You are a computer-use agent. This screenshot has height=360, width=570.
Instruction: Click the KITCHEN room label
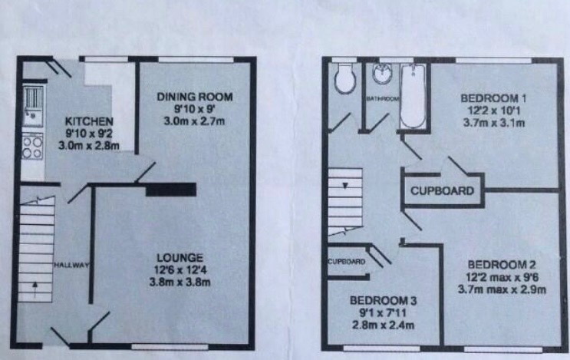(89, 121)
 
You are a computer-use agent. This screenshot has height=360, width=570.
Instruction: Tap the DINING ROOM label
(194, 97)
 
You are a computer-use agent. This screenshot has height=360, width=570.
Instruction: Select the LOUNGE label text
(181, 257)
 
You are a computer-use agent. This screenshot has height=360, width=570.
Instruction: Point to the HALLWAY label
(72, 265)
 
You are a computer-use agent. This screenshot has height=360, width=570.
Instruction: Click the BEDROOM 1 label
(487, 98)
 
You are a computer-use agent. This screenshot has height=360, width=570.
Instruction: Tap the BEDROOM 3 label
(382, 300)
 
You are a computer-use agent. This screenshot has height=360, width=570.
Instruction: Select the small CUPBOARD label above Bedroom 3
(346, 262)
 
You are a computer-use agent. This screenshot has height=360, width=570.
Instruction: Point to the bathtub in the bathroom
(413, 97)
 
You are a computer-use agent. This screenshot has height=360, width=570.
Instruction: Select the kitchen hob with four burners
(32, 147)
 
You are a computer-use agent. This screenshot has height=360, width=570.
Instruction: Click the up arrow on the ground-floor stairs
(35, 288)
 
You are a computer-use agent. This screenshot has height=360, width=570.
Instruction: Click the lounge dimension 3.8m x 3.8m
(181, 282)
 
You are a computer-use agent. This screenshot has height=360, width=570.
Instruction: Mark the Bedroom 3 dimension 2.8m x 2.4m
(382, 325)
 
